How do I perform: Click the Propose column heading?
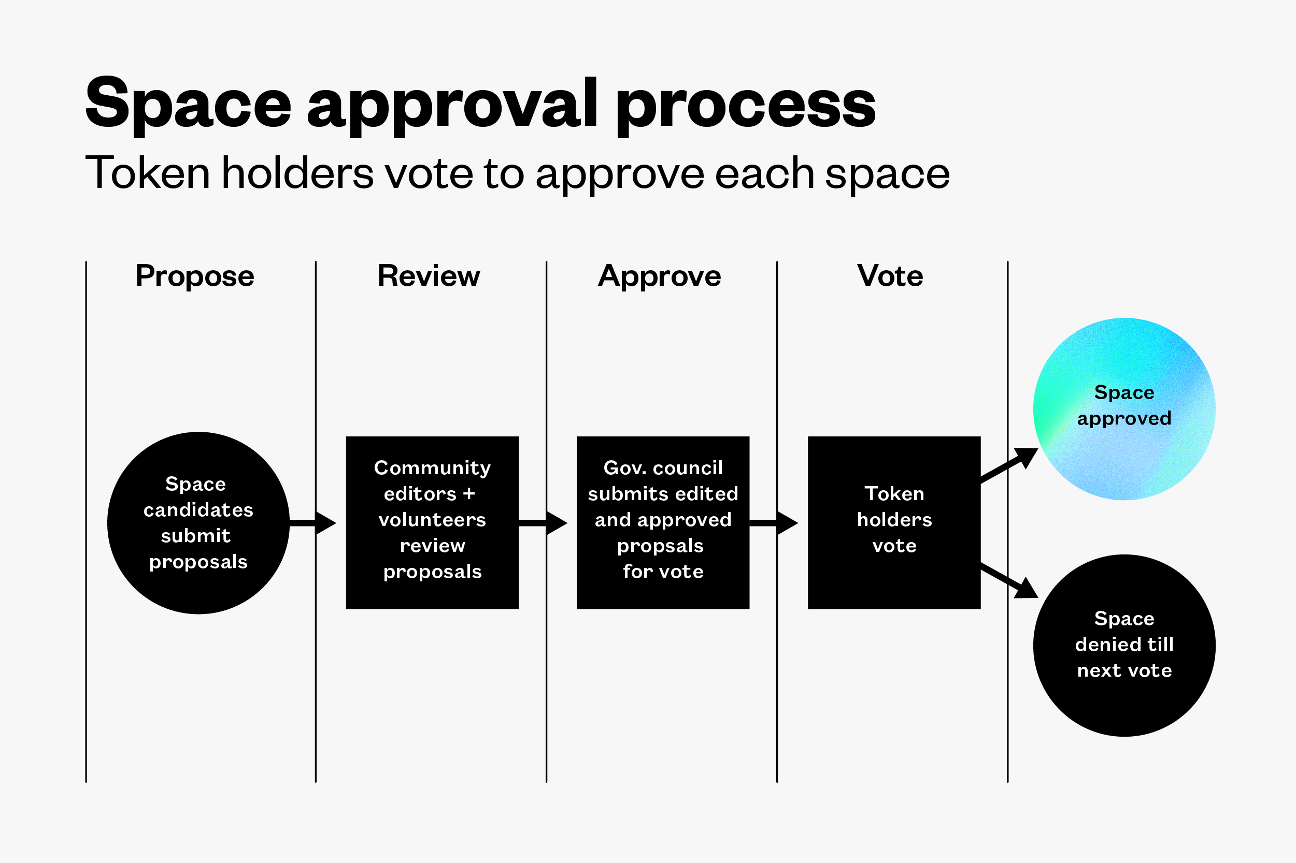[x=194, y=276]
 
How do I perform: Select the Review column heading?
[x=429, y=276]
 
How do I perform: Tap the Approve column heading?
[x=659, y=276]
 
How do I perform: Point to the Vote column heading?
[x=890, y=276]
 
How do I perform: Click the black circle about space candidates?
[x=198, y=523]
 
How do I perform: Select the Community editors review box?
[x=432, y=523]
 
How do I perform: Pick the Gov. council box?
[x=663, y=523]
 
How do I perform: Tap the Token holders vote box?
[x=894, y=523]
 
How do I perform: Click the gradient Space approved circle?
[x=1124, y=409]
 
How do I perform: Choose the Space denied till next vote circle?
[x=1124, y=645]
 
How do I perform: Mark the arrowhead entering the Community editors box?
[x=325, y=523]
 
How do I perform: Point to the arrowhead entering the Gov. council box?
[x=557, y=523]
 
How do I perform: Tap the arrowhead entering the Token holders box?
[x=787, y=523]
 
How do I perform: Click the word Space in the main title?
[x=189, y=105]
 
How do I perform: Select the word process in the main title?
[x=746, y=105]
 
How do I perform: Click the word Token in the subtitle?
[x=148, y=173]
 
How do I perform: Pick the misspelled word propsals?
[x=660, y=546]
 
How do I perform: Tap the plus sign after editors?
[x=469, y=494]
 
